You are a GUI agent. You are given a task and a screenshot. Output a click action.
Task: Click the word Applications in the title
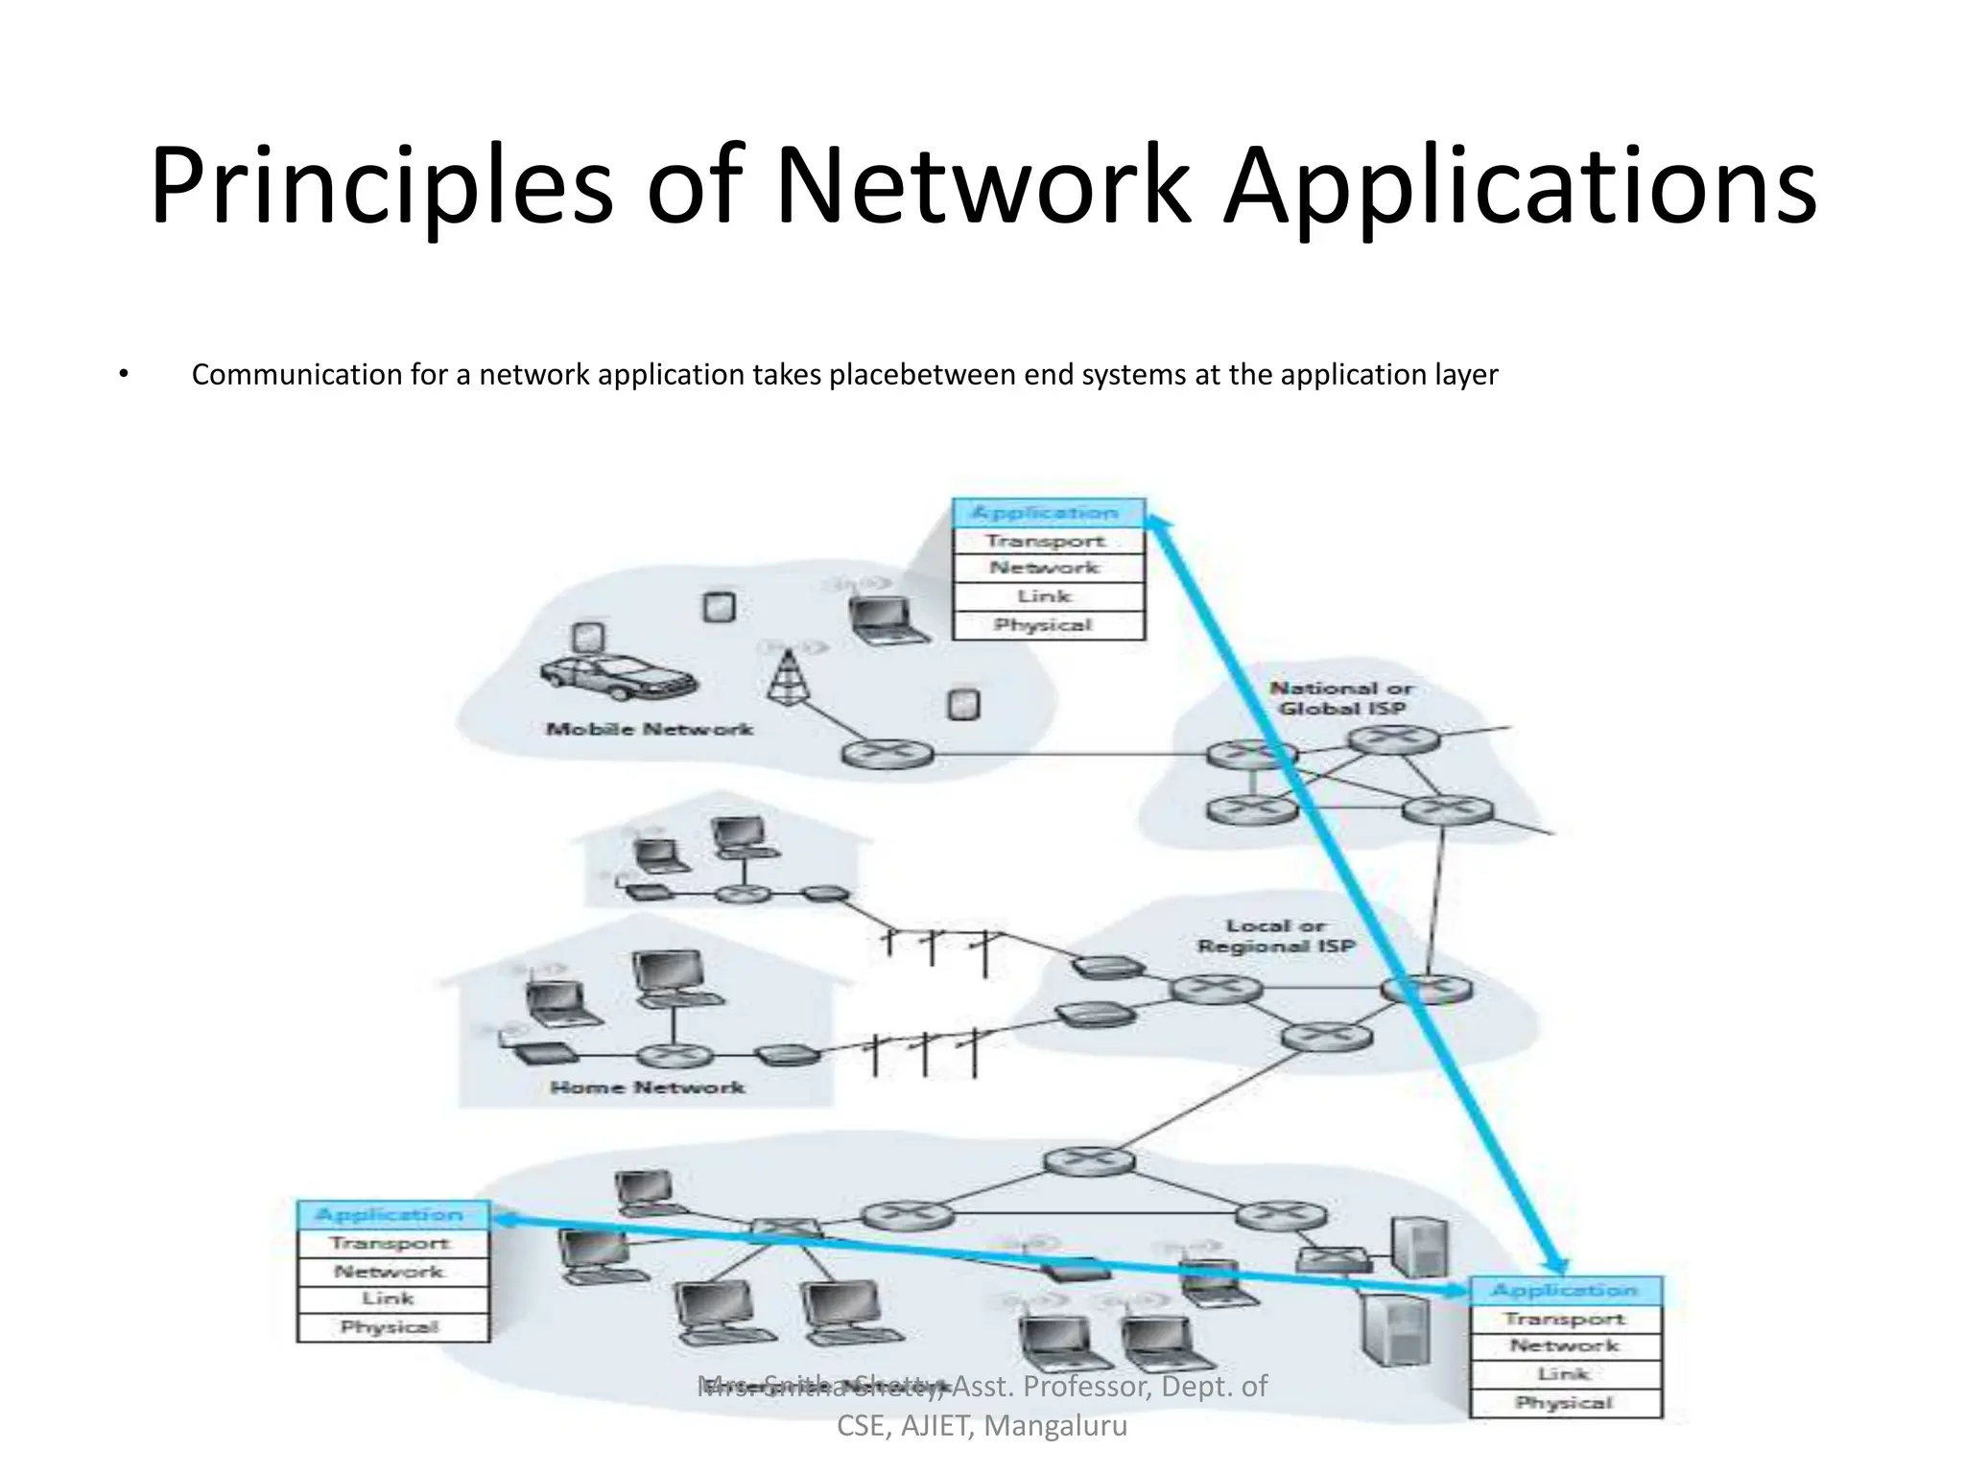point(1520,185)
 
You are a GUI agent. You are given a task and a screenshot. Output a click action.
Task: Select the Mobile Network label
point(650,729)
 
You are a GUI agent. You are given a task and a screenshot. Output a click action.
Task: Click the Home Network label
point(648,1087)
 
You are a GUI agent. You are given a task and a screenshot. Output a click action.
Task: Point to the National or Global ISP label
point(1341,698)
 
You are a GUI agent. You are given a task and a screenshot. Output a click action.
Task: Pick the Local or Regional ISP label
point(1276,936)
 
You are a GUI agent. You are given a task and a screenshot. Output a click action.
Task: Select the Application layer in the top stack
point(1049,513)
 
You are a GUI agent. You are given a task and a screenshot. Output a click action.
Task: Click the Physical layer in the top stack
point(1049,625)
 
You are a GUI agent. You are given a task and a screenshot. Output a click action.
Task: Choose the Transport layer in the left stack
point(391,1244)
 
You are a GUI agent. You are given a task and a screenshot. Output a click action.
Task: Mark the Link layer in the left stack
point(391,1299)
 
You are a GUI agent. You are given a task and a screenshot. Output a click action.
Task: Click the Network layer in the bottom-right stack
point(1565,1346)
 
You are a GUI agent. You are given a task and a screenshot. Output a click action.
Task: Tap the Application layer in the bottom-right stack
point(1565,1291)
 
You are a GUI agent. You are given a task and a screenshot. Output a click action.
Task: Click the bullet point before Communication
point(123,374)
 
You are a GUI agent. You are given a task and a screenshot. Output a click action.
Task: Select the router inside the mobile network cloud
point(887,754)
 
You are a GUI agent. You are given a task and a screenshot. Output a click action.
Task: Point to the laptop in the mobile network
point(888,620)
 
